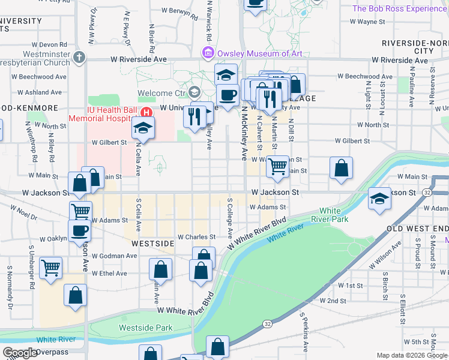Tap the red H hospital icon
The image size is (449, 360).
[145, 112]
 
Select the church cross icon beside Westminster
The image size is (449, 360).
[79, 57]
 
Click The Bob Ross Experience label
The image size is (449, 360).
[399, 8]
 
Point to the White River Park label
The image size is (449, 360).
[334, 215]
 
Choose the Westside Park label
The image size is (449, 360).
[145, 328]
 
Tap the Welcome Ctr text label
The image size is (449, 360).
[162, 93]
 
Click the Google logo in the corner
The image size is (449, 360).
[20, 353]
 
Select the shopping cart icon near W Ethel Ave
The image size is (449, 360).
[51, 268]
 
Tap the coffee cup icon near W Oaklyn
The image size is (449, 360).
[80, 231]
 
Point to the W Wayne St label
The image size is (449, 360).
[367, 22]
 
